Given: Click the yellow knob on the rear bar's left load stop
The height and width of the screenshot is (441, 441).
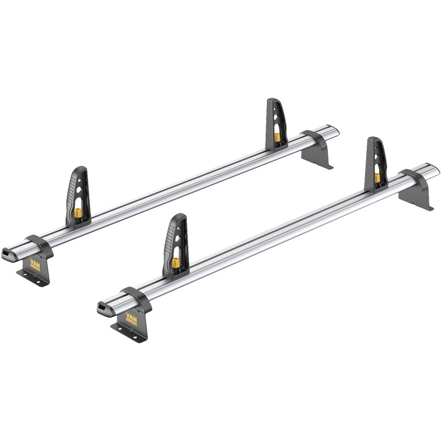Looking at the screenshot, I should point(78,213).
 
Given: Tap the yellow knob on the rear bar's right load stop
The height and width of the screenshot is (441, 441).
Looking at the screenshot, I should point(278,136).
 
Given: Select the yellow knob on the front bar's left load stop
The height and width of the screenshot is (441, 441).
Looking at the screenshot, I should point(176,262).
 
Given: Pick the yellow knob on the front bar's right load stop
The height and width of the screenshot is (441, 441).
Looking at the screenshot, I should point(378,178).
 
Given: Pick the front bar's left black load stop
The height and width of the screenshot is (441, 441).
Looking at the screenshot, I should point(175,243).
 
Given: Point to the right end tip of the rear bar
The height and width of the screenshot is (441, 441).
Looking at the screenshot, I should point(337,131).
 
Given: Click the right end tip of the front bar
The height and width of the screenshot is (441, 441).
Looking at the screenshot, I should point(437,168).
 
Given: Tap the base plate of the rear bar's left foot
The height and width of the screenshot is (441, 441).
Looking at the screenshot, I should point(32,278).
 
